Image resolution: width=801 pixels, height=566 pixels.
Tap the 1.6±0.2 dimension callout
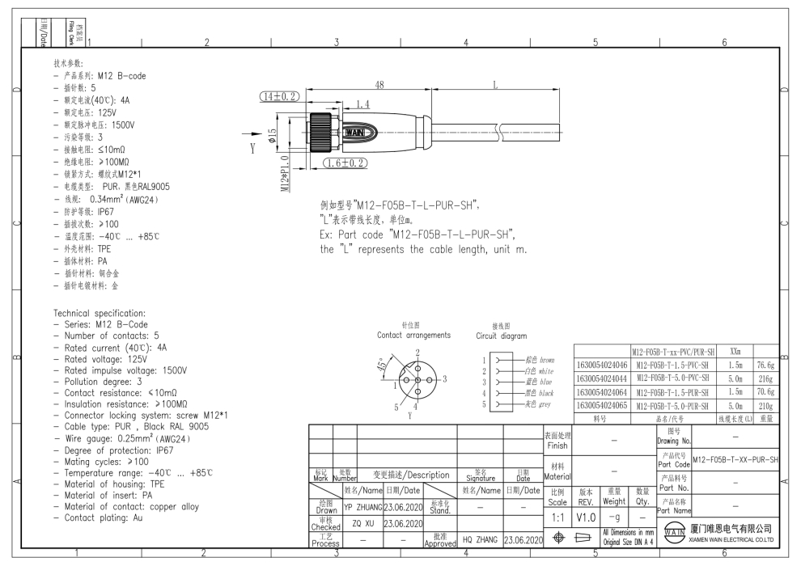coord(345,163)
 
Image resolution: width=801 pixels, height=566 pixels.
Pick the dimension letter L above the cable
coord(494,85)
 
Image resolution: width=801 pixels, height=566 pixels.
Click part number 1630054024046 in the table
coord(601,365)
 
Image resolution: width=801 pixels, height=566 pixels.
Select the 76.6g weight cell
coord(762,365)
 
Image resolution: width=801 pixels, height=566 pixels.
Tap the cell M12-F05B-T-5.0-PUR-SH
coord(672,407)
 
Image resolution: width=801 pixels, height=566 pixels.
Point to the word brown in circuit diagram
coord(547,359)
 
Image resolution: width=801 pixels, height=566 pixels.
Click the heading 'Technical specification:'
coord(100,313)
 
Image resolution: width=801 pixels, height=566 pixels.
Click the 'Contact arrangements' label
coord(413,335)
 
